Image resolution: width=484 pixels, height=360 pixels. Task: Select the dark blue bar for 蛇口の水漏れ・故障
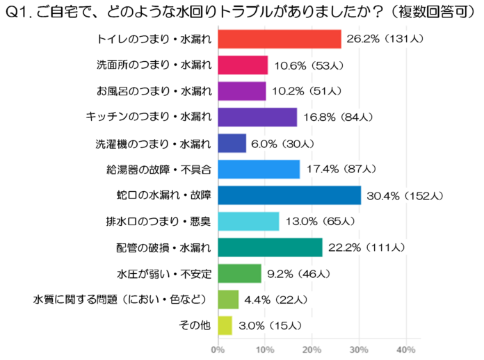(289, 195)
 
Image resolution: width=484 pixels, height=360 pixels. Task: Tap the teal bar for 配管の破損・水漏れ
(271, 247)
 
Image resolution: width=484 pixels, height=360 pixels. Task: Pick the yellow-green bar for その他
(225, 325)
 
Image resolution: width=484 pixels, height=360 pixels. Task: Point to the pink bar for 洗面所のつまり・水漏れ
(243, 65)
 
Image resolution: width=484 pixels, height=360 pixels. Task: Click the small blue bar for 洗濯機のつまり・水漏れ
(232, 143)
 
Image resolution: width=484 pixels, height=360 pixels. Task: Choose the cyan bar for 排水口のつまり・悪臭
(248, 222)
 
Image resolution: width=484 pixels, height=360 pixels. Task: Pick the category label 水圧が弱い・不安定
(163, 273)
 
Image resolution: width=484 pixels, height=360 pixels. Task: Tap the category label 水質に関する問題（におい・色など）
(122, 300)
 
